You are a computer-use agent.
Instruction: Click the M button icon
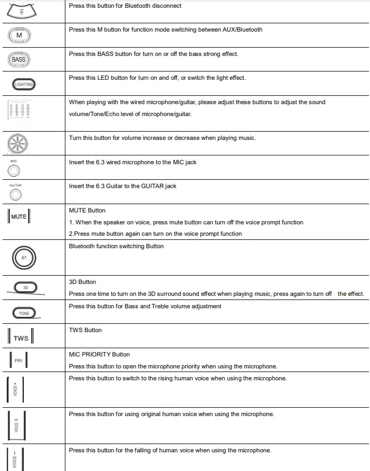[x=19, y=35]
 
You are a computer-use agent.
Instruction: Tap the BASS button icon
[x=19, y=60]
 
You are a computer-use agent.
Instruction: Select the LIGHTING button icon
[x=24, y=84]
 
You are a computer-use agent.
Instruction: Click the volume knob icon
[x=19, y=143]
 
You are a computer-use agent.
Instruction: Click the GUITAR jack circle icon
[x=16, y=194]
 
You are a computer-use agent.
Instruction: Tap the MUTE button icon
[x=19, y=217]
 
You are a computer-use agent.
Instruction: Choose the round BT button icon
[x=24, y=257]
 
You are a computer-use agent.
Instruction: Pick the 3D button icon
[x=26, y=287]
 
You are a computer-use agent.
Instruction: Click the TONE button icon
[x=24, y=313]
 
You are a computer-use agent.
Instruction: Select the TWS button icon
[x=21, y=338]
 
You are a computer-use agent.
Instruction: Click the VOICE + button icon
[x=17, y=389]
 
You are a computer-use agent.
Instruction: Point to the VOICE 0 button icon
[x=17, y=425]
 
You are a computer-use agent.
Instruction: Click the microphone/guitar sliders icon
[x=20, y=111]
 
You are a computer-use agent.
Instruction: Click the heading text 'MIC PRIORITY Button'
[x=99, y=354]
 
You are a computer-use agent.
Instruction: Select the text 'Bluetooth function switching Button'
[x=116, y=246]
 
